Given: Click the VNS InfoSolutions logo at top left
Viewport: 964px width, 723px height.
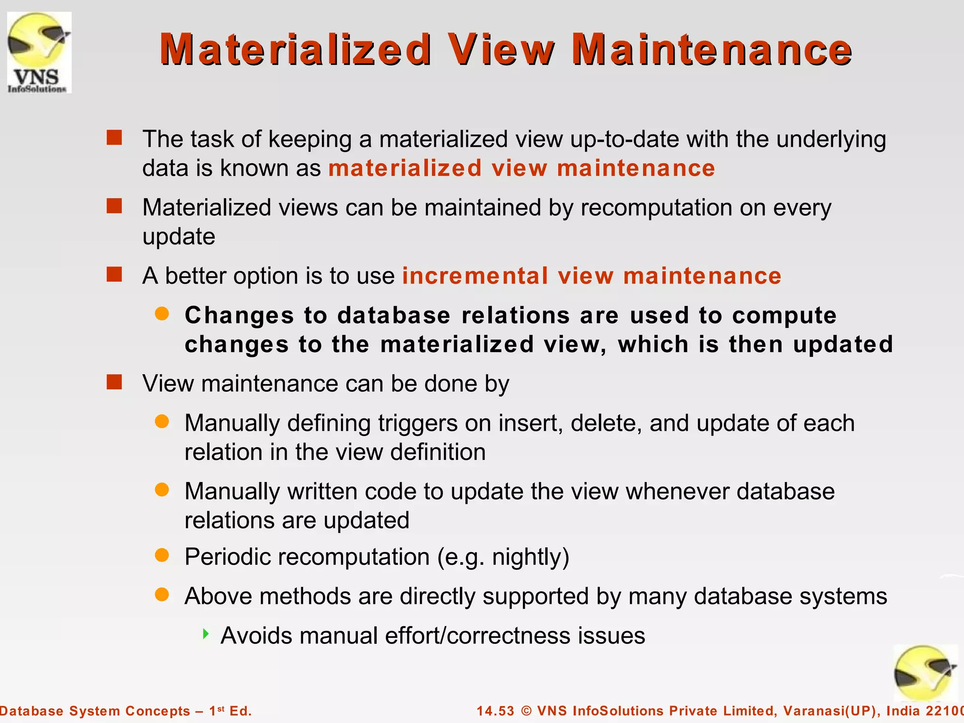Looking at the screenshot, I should click(x=39, y=53).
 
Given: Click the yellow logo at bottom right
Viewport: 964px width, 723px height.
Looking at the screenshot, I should click(x=924, y=673).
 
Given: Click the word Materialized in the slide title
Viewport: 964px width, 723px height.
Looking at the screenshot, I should click(x=296, y=49).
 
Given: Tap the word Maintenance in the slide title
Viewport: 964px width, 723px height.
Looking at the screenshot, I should click(x=711, y=49).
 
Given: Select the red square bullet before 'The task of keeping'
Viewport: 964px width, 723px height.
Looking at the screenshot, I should click(x=114, y=138).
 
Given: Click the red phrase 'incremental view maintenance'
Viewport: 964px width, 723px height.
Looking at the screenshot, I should click(x=592, y=276).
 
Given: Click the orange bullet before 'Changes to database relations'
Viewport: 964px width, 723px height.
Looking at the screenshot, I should click(x=162, y=314).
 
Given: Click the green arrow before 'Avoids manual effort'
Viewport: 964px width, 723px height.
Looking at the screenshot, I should click(x=206, y=634).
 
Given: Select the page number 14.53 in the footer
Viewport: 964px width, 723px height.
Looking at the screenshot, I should click(x=495, y=711).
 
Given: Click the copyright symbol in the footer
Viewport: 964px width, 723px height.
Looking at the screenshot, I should click(x=526, y=711).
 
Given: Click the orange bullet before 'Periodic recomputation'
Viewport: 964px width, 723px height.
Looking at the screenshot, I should click(x=162, y=555).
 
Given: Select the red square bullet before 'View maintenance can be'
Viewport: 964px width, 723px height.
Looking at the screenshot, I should click(x=114, y=382).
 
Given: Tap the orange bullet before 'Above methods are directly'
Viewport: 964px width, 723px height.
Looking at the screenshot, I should click(x=162, y=595).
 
